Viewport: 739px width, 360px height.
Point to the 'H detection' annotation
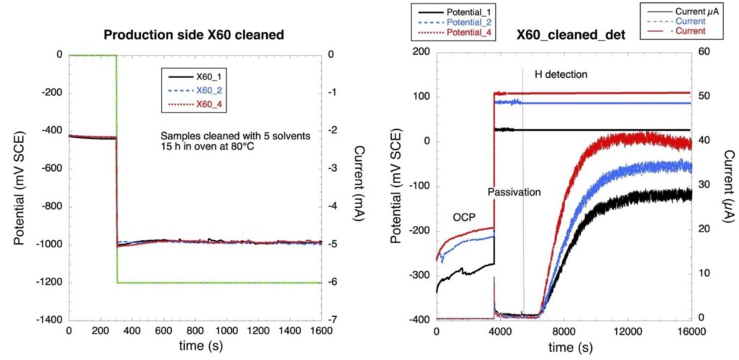(x=561, y=74)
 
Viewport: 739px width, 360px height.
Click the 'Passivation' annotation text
(x=514, y=193)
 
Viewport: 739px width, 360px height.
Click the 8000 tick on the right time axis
(x=553, y=331)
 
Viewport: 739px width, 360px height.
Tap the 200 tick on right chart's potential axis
(x=420, y=53)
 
